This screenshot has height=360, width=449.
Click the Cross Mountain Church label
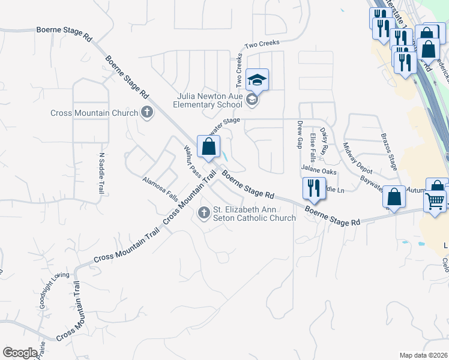coord(94,113)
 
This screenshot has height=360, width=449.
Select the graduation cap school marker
coord(257,80)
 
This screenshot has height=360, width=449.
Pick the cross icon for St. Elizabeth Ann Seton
coord(204,212)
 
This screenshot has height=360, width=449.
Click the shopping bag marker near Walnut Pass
coord(208,147)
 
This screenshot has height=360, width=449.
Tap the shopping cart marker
coord(435,201)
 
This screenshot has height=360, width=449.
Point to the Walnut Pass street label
coord(192,161)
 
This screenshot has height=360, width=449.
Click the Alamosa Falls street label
coord(160,188)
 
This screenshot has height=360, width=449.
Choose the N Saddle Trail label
coord(101,173)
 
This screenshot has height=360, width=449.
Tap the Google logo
coord(20,353)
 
